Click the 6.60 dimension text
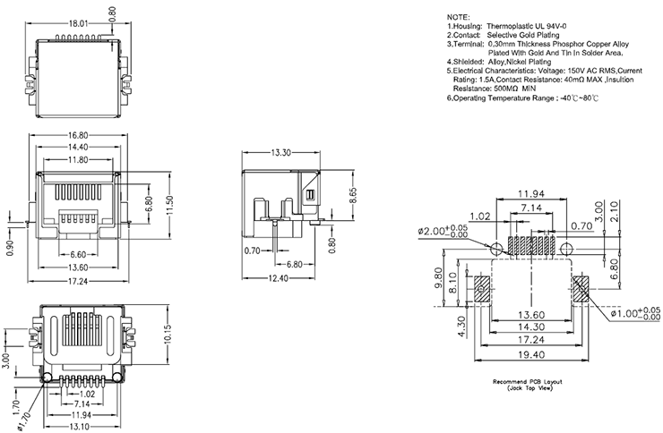click(78, 254)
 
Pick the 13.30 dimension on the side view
click(282, 152)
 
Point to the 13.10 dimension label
click(81, 426)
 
